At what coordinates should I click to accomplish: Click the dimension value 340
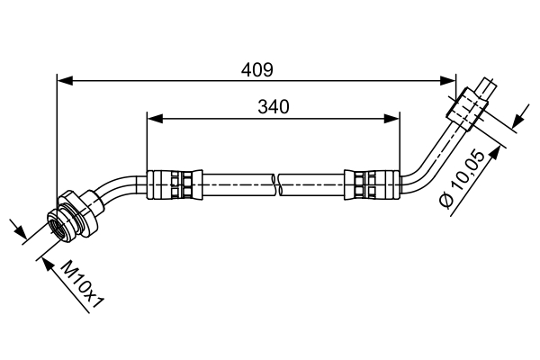point(273,106)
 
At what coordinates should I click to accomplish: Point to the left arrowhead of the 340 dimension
point(154,118)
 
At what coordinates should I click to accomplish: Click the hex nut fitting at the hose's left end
point(72,216)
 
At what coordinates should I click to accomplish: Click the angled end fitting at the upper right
point(472,103)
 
